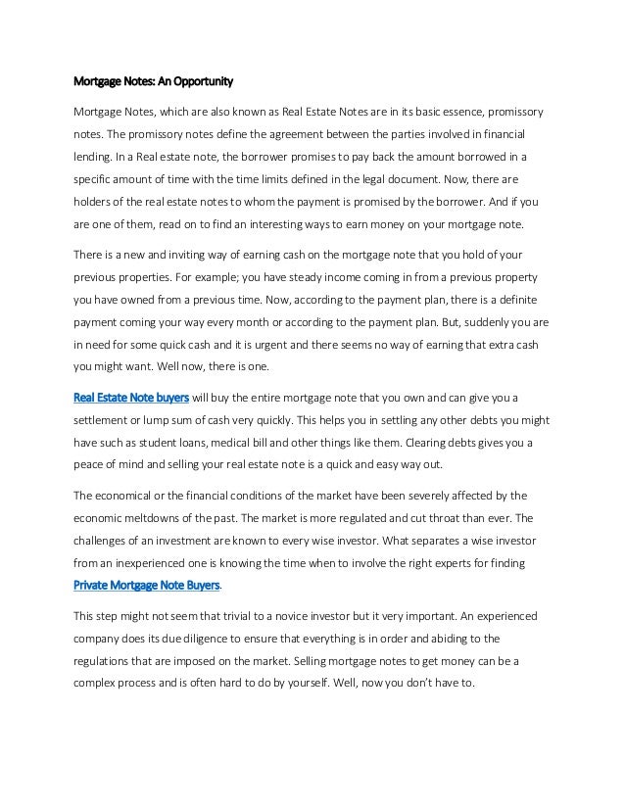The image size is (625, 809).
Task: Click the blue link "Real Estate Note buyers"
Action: (x=132, y=397)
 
